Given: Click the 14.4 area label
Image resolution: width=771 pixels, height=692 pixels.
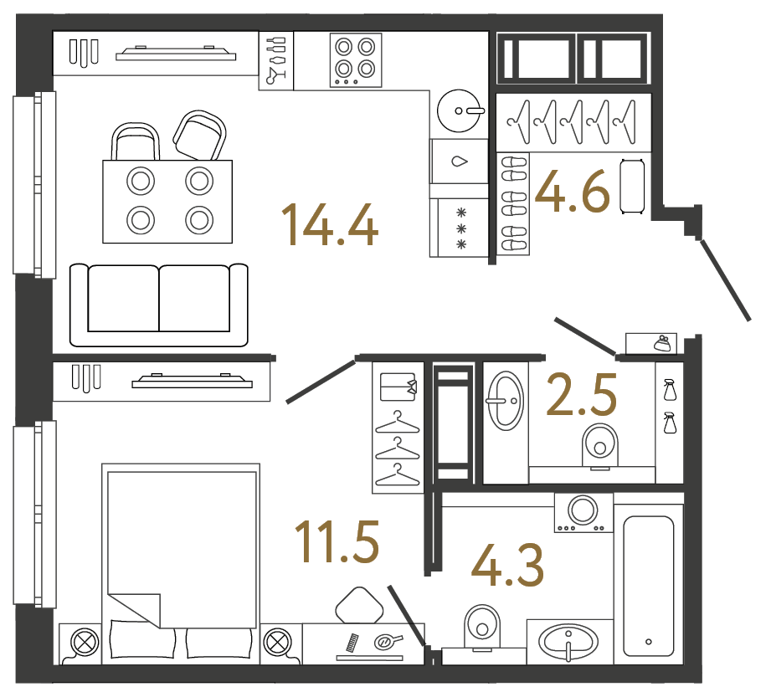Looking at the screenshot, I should point(330,224).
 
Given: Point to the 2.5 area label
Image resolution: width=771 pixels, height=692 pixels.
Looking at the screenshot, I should point(581,396).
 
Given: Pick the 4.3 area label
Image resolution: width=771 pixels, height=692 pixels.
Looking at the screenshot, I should point(507,566).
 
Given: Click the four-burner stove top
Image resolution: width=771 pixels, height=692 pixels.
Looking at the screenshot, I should point(355,59).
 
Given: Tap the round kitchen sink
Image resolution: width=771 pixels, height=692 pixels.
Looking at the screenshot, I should point(460,110).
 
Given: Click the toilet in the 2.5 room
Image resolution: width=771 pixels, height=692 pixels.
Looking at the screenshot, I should point(599,443).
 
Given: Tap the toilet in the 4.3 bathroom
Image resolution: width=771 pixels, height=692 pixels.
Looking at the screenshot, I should point(481,623).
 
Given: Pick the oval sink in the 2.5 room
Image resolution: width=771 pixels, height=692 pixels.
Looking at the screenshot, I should point(505,400).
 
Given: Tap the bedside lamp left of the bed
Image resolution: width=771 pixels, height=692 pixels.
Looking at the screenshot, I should point(83,643).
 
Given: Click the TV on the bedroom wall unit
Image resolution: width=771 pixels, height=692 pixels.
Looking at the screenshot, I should point(192,382).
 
